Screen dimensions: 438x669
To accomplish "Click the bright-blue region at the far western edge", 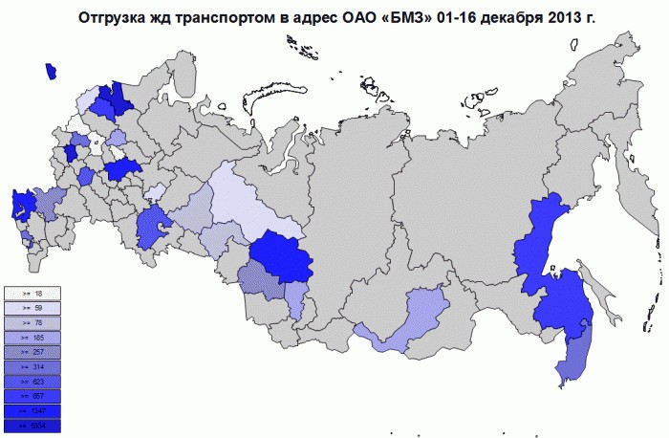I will click(21, 206).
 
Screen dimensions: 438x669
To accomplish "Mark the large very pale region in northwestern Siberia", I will click(239, 196).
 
